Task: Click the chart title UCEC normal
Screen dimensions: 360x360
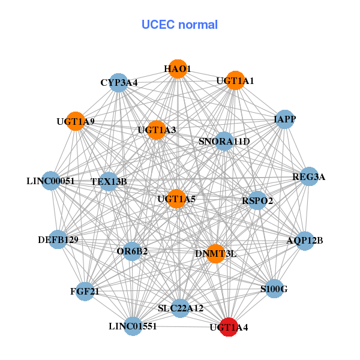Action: click(x=179, y=25)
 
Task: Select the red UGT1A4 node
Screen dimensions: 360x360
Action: click(x=228, y=328)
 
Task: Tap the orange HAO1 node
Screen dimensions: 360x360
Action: click(x=177, y=68)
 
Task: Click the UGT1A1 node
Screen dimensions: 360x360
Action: click(x=235, y=80)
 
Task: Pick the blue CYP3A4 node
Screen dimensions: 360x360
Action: click(x=119, y=82)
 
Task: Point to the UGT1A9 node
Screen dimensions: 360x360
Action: click(x=75, y=121)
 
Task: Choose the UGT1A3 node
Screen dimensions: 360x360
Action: click(x=156, y=130)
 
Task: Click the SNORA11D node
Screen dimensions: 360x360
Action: click(x=224, y=142)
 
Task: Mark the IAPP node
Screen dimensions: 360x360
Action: click(x=284, y=120)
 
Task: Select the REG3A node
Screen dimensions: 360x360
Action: click(x=308, y=176)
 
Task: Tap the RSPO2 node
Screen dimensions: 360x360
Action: click(x=257, y=200)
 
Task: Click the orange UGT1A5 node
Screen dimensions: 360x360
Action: click(x=176, y=199)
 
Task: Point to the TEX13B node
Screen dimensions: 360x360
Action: click(x=109, y=181)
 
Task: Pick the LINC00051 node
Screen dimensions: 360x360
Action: click(x=51, y=181)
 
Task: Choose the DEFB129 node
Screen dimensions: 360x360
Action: click(x=58, y=240)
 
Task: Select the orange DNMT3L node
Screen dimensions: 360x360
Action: click(x=216, y=254)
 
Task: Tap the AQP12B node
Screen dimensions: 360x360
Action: click(x=304, y=241)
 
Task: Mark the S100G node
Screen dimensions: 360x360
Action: click(x=274, y=289)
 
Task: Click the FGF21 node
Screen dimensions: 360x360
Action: click(x=85, y=292)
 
